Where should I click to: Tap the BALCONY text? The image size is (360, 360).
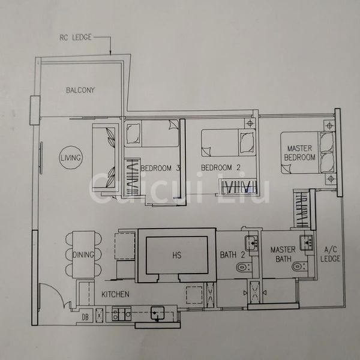(x=80, y=91)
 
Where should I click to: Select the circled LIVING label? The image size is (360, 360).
(x=71, y=158)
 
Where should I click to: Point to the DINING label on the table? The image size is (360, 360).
(x=83, y=255)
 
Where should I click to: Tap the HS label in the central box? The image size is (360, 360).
(x=176, y=255)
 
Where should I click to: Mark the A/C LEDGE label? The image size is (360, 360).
(x=331, y=254)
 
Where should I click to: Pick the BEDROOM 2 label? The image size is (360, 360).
(x=216, y=167)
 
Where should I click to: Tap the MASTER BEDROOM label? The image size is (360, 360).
(x=300, y=152)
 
